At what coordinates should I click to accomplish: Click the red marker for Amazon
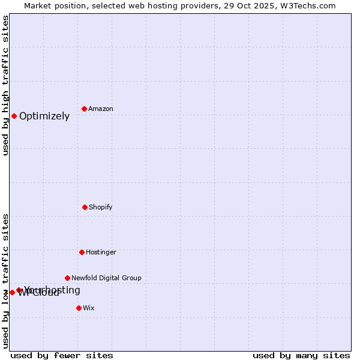(x=85, y=109)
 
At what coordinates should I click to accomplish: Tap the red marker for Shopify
(x=85, y=207)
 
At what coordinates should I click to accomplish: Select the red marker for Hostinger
(x=82, y=252)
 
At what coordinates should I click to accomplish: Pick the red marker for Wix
(x=79, y=308)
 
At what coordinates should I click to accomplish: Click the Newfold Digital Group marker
(x=67, y=278)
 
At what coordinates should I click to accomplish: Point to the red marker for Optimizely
(x=14, y=116)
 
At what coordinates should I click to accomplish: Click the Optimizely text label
(x=44, y=116)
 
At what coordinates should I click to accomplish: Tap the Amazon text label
(x=101, y=109)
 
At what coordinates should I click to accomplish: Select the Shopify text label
(x=101, y=208)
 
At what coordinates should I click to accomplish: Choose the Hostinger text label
(x=101, y=253)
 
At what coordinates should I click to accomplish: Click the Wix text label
(x=89, y=308)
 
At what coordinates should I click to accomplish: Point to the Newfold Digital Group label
(x=106, y=278)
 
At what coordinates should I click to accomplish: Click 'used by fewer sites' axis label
(x=62, y=355)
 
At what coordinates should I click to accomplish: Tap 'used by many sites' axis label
(x=301, y=355)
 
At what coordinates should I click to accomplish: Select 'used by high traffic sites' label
(x=5, y=85)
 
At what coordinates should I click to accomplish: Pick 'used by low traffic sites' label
(x=5, y=281)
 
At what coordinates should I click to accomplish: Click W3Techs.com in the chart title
(x=307, y=5)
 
